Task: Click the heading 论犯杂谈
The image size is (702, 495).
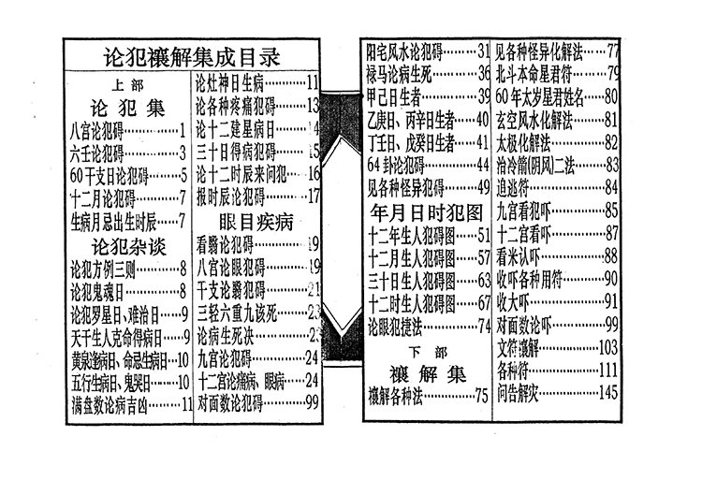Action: point(129,246)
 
